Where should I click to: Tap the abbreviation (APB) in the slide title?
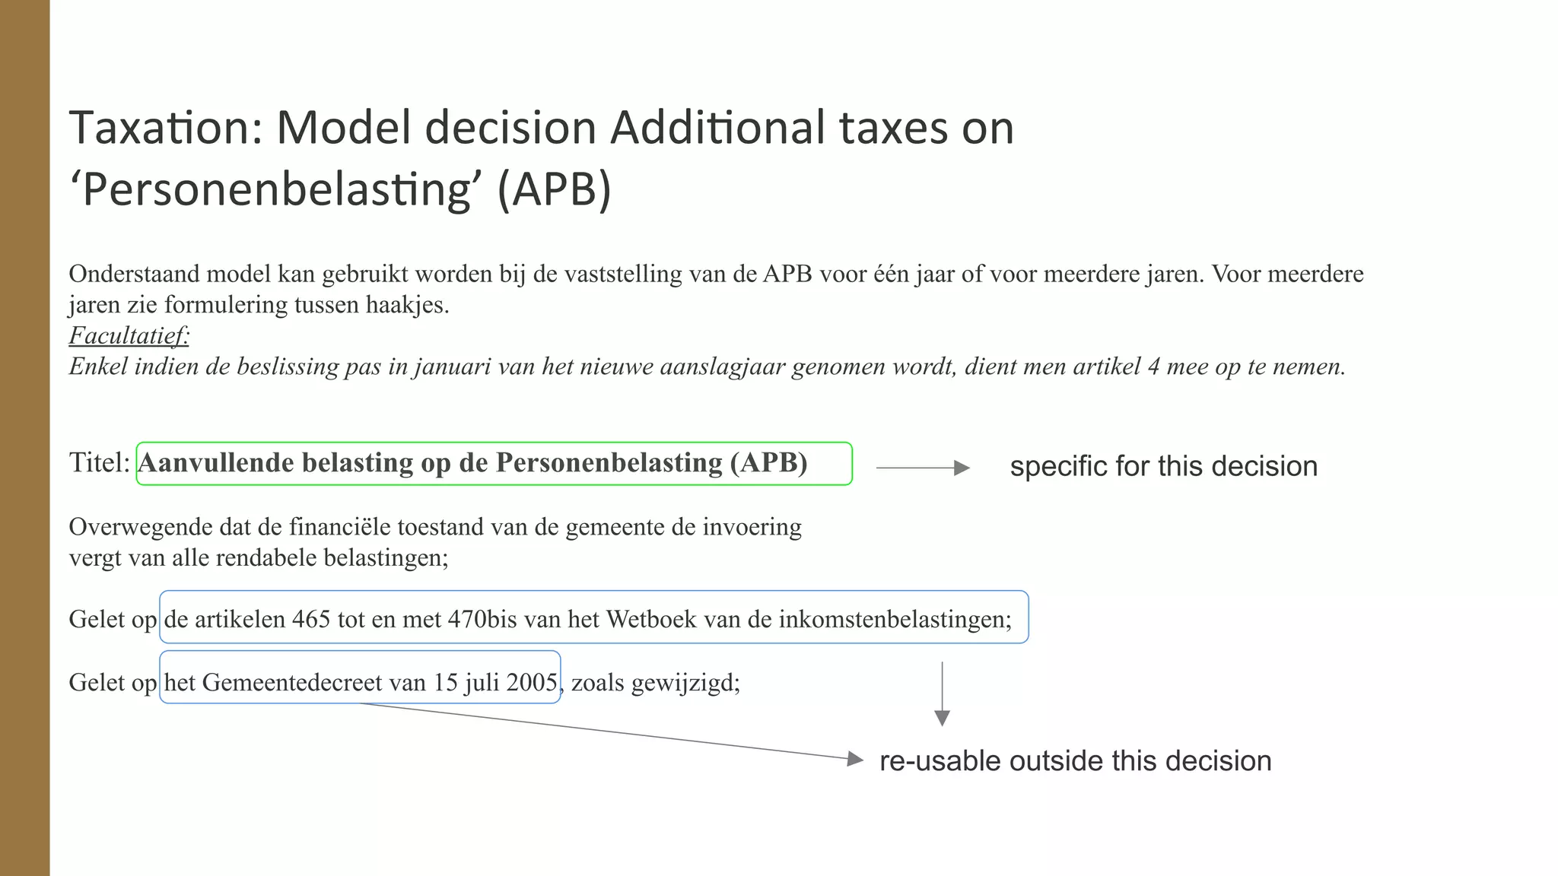(554, 190)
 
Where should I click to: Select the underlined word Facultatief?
(129, 335)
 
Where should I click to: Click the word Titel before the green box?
(99, 462)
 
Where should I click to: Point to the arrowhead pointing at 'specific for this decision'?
(962, 468)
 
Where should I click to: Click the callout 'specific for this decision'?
(1163, 466)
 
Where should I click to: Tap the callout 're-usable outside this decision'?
(1075, 760)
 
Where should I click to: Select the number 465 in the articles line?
(310, 619)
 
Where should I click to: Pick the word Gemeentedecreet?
(291, 682)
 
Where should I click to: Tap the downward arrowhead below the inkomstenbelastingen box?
(942, 718)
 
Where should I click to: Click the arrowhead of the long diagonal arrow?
(856, 758)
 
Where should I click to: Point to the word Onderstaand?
(134, 274)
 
